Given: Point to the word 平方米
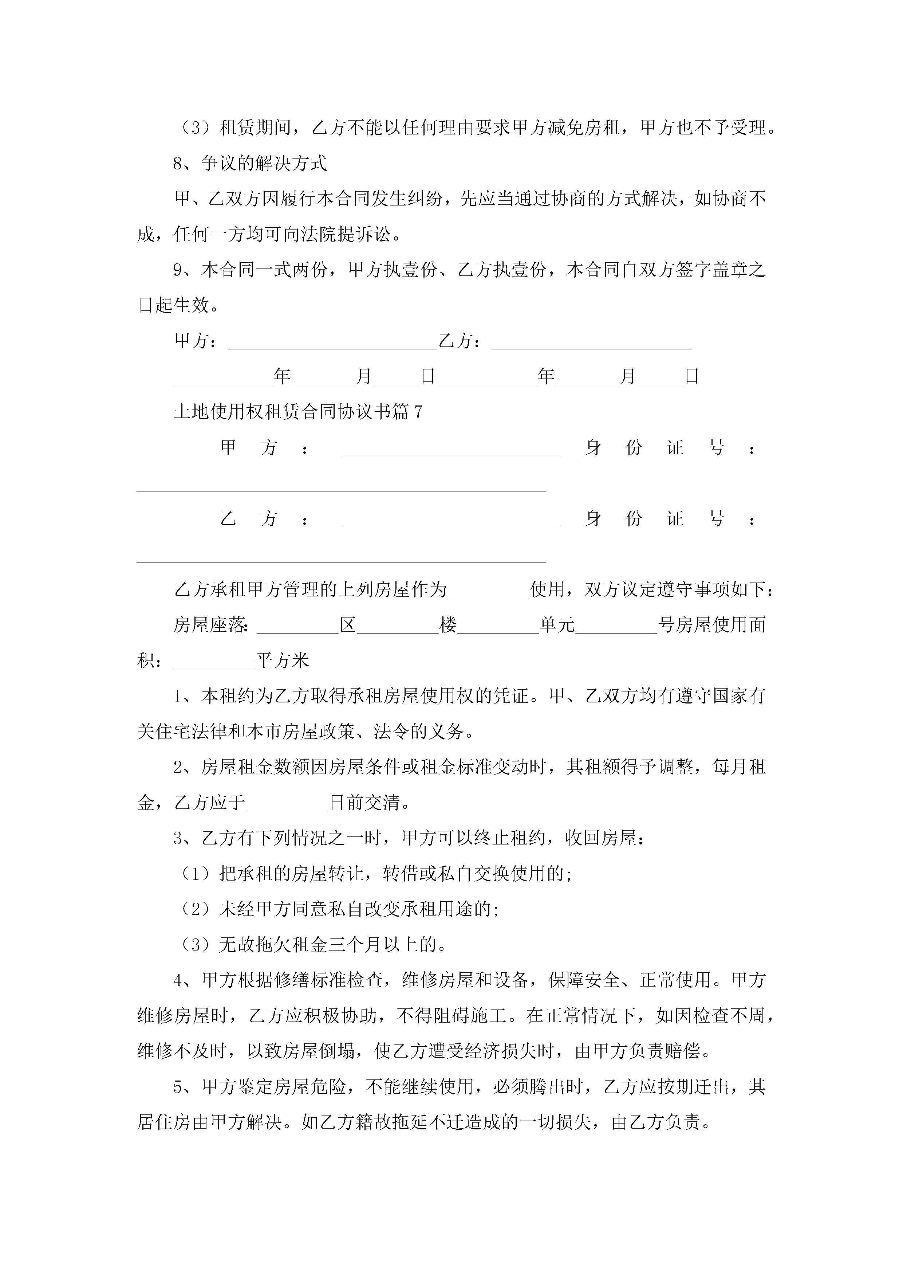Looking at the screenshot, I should [x=282, y=661].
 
